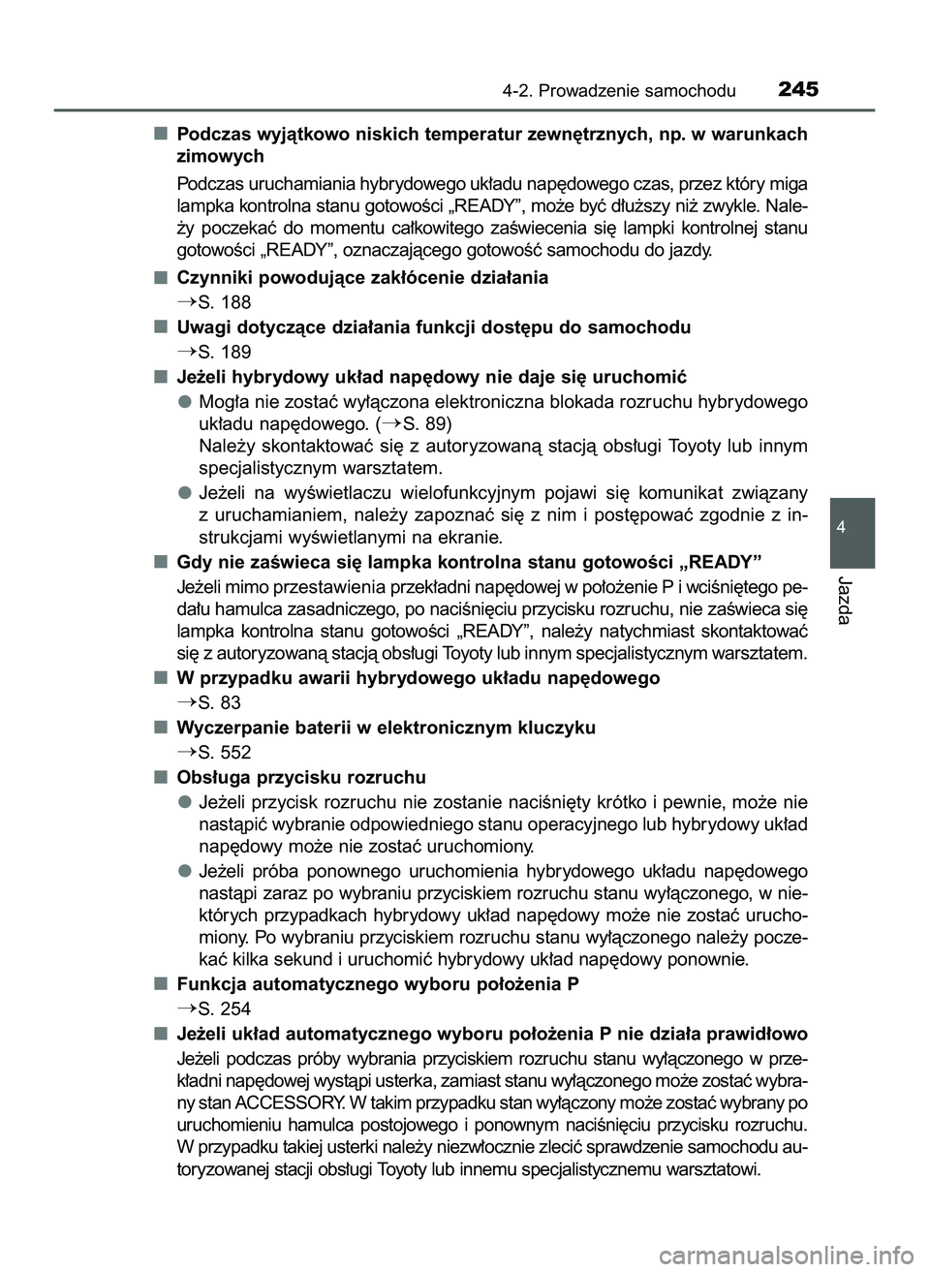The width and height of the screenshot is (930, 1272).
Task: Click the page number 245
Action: point(797,90)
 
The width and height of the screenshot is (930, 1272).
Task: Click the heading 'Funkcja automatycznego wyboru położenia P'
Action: point(365,983)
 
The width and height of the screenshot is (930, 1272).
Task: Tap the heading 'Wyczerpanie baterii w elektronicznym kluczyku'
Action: point(386,727)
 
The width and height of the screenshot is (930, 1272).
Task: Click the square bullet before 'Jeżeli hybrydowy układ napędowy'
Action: point(158,376)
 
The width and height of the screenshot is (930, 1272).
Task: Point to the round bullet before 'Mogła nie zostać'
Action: point(183,401)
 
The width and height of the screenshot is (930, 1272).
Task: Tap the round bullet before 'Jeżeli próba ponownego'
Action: point(183,870)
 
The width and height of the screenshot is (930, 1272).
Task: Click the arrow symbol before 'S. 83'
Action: point(186,702)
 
